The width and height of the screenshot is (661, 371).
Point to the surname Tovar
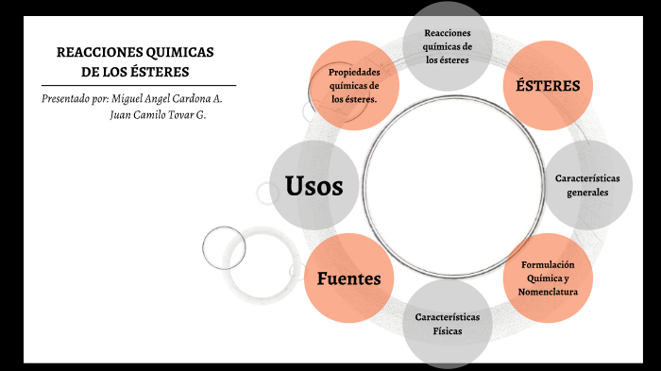(178, 114)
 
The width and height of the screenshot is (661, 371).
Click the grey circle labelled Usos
(314, 186)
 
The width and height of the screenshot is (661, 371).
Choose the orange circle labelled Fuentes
(348, 278)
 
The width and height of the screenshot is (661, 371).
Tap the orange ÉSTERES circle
(548, 85)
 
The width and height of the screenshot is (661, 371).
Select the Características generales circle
(587, 185)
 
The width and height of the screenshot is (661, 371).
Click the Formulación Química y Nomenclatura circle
(548, 278)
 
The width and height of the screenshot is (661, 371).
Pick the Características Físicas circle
(448, 324)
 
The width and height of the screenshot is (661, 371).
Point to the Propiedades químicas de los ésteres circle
(354, 85)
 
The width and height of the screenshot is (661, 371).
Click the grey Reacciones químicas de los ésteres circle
(448, 45)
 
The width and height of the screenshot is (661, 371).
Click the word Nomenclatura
(548, 292)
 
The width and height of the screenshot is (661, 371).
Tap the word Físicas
(448, 331)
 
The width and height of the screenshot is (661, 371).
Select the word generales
(587, 193)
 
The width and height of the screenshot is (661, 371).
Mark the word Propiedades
(354, 73)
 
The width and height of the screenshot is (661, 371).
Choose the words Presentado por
(75, 98)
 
